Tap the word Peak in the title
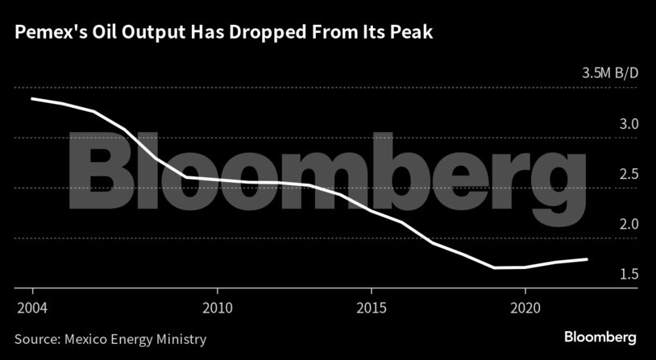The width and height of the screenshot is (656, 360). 413,33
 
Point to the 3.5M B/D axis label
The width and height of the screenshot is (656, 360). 610,73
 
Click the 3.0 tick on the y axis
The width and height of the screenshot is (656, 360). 629,125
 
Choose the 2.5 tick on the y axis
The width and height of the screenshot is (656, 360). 629,175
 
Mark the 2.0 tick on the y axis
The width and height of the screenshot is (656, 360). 629,225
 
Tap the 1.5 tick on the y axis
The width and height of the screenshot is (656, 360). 629,275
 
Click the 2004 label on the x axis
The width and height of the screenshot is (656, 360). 31,308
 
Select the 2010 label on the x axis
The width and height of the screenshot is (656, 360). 217,308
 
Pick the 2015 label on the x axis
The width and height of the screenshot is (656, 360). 371,308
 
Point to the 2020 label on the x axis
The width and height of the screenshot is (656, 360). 525,308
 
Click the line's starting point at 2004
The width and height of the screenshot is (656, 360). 31,98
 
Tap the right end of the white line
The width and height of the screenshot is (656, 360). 587,259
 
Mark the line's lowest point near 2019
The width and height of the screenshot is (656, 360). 494,267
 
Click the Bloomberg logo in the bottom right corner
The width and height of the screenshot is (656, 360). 600,337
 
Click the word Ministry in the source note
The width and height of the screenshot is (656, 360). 181,339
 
